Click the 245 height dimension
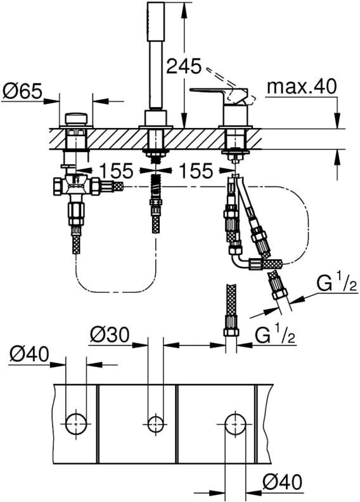click(x=184, y=67)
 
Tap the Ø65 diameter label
click(x=22, y=92)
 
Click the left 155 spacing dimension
click(x=116, y=171)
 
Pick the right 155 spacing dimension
click(x=196, y=171)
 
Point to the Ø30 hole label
click(x=110, y=335)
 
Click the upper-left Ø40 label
click(x=29, y=354)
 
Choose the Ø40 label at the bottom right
click(x=282, y=482)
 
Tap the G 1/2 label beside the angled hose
click(x=336, y=285)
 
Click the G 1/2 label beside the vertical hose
click(x=275, y=335)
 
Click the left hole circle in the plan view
click(x=76, y=423)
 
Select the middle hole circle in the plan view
click(x=156, y=423)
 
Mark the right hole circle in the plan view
click(x=236, y=423)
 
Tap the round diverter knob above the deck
click(x=76, y=119)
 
